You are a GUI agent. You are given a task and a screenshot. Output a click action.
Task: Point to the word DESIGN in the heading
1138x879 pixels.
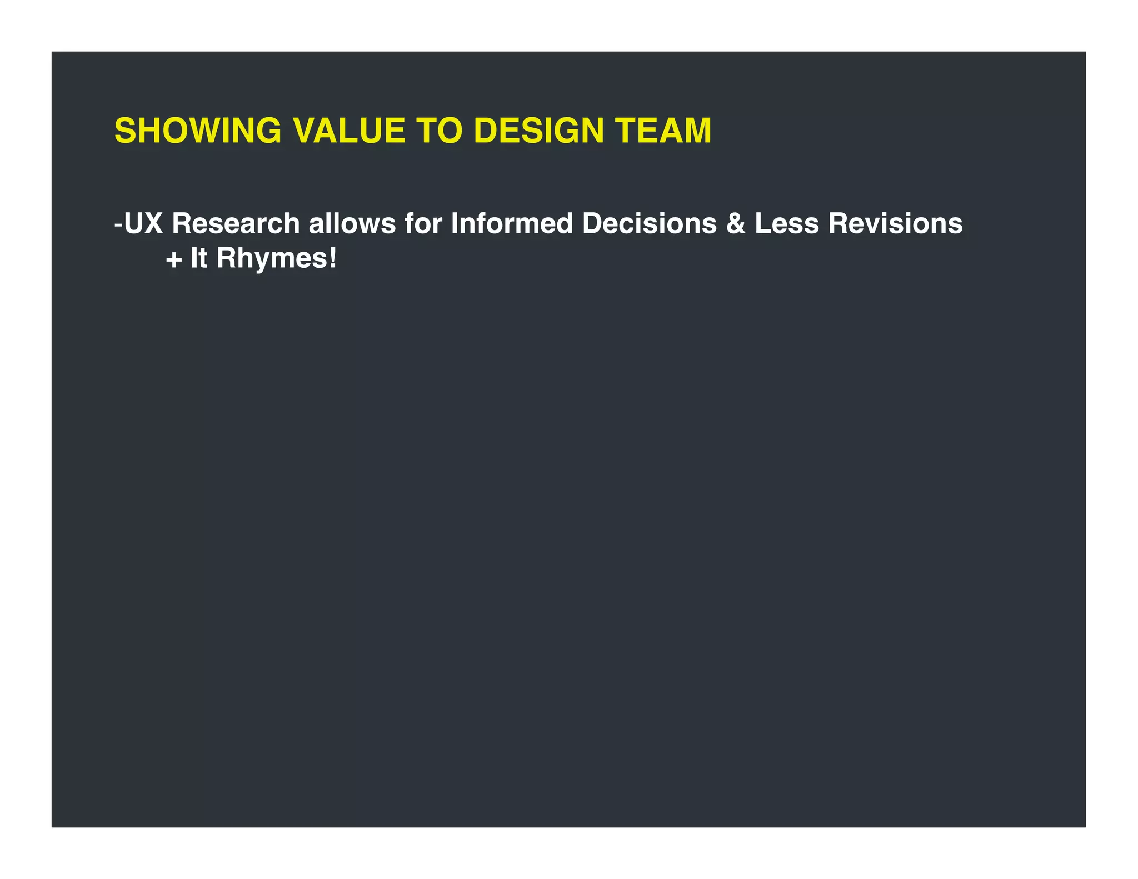538,131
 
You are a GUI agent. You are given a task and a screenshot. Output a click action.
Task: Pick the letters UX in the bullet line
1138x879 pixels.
143,224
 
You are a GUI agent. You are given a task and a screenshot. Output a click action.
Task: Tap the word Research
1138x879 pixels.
236,224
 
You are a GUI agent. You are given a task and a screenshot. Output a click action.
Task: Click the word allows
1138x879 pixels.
352,224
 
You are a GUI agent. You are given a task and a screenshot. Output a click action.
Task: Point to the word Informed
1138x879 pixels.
512,224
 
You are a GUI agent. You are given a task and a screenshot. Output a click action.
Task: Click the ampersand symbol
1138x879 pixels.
735,224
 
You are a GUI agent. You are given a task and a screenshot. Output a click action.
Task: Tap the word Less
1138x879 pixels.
787,224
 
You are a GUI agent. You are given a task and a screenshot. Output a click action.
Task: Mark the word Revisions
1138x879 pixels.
895,224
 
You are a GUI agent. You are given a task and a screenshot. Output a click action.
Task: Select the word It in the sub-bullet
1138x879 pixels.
199,258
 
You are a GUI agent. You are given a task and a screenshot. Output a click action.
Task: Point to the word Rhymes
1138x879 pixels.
271,259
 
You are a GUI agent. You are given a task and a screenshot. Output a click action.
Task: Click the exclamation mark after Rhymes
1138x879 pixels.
332,258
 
